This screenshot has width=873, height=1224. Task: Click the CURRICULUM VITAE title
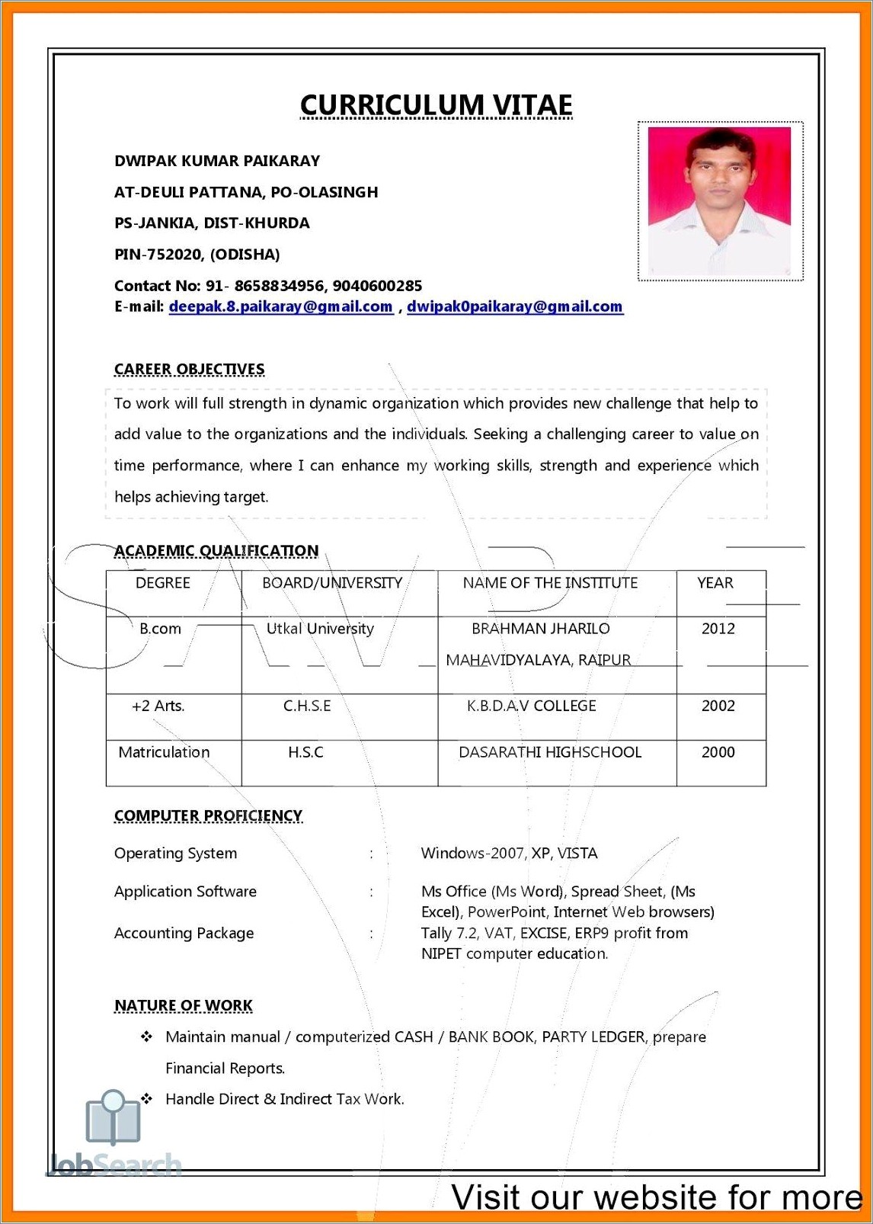pos(436,105)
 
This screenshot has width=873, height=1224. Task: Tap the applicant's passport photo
pos(719,201)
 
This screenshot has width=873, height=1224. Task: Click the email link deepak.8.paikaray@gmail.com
pos(280,306)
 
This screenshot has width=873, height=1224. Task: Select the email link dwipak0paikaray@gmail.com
pos(514,306)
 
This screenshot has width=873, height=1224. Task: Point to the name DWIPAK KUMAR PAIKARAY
pos(217,161)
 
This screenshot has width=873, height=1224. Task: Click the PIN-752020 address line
pos(197,255)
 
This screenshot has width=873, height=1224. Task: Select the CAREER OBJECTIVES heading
pos(189,370)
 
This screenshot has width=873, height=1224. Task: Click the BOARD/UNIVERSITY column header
pos(332,583)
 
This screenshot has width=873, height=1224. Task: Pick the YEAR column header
pos(715,583)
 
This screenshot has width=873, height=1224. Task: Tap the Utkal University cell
pos(320,629)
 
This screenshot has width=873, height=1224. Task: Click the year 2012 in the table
pos(718,629)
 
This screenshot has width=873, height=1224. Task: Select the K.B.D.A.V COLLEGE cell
pos(531,706)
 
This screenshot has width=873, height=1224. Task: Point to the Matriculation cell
pos(164,752)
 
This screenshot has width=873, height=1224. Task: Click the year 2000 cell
pos(718,752)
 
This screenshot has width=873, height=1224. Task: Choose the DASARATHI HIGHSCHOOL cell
pos(549,752)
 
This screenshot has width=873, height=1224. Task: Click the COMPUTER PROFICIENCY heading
pos(208,816)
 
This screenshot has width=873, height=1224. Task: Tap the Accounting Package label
pos(184,933)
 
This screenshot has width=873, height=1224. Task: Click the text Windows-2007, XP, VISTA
pos(509,854)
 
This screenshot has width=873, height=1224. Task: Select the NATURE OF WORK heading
pos(183,1006)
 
